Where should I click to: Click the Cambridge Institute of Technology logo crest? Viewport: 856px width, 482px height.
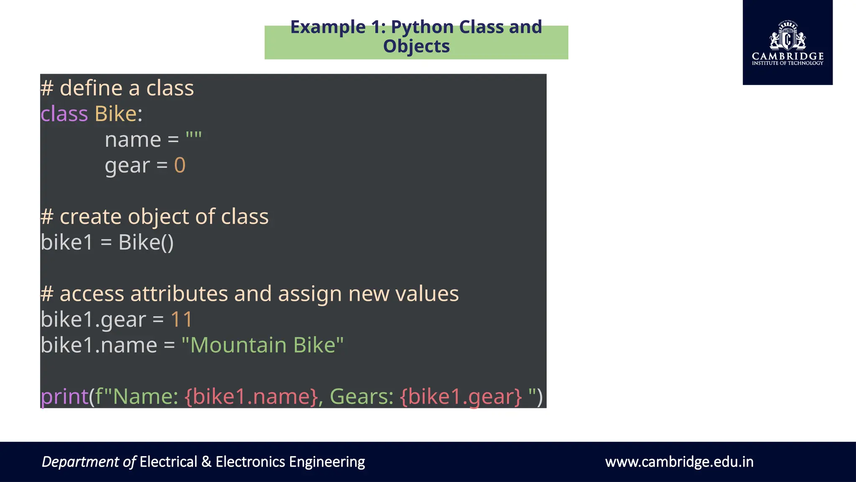pyautogui.click(x=787, y=37)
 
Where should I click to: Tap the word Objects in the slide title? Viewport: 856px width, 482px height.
pyautogui.click(x=416, y=46)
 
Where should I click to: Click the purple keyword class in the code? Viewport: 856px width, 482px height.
pyautogui.click(x=64, y=114)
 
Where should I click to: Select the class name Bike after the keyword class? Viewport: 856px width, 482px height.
pyautogui.click(x=115, y=114)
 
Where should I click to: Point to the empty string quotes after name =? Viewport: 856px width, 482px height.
pyautogui.click(x=194, y=136)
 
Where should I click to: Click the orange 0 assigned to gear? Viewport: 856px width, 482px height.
pyautogui.click(x=180, y=165)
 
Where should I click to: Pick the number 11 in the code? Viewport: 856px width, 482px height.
pyautogui.click(x=181, y=319)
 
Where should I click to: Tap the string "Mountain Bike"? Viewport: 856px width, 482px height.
pyautogui.click(x=262, y=345)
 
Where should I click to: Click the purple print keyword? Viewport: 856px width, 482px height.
pyautogui.click(x=64, y=396)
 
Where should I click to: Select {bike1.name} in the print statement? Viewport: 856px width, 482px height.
pyautogui.click(x=251, y=396)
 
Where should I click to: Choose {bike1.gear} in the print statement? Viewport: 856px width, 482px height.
pyautogui.click(x=461, y=396)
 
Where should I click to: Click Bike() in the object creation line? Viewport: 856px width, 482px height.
pyautogui.click(x=146, y=242)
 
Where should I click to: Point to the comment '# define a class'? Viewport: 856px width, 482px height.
pyautogui.click(x=117, y=88)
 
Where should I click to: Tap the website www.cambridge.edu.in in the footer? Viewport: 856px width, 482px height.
pyautogui.click(x=679, y=462)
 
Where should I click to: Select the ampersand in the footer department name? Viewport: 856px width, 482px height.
pyautogui.click(x=206, y=462)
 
